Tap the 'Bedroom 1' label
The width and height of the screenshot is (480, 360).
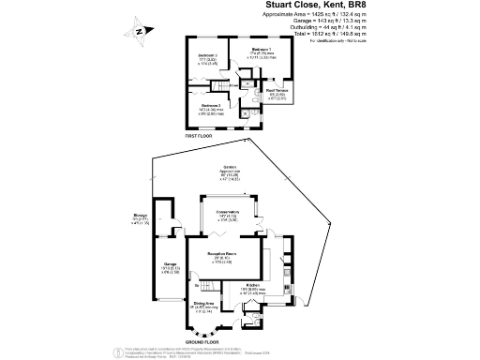(262, 48)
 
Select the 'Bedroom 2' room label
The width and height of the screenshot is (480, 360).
(211, 106)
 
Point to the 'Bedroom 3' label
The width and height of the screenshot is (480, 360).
(209, 56)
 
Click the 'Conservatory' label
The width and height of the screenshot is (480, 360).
(228, 212)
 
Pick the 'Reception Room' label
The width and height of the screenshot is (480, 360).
(221, 253)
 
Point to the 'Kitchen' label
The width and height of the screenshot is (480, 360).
(253, 285)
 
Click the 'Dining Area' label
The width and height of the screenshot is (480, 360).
(204, 303)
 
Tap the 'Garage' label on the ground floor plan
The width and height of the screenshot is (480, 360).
(172, 264)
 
